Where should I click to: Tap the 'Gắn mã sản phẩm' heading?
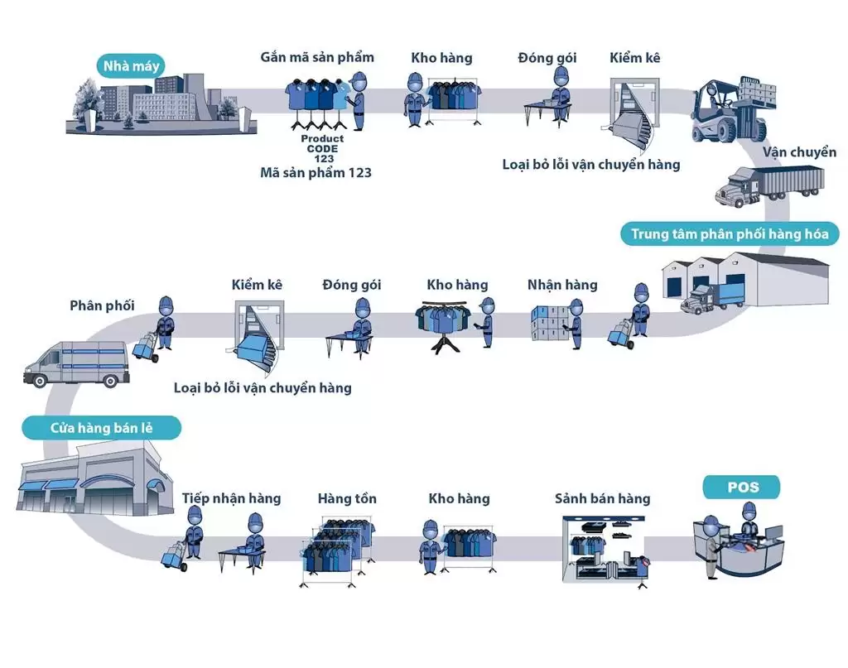(317, 57)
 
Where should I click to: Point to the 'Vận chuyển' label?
(799, 152)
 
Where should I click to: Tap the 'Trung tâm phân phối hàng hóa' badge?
(730, 234)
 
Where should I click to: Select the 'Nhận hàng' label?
(562, 285)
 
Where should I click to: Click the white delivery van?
(76, 363)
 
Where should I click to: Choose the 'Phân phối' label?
(102, 305)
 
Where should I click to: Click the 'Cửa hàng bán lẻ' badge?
(100, 429)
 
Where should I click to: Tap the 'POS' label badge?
(742, 487)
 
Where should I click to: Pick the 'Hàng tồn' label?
(347, 498)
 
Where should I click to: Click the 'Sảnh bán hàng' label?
(602, 498)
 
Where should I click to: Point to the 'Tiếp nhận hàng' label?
(231, 498)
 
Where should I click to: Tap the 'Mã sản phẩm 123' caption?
(316, 172)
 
